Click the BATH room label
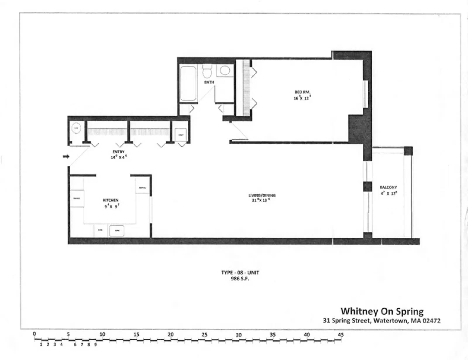click(x=209, y=82)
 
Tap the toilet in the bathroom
click(x=207, y=71)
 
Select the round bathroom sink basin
click(x=225, y=71)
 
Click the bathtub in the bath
click(x=188, y=84)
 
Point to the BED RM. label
click(x=302, y=92)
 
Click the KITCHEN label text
click(x=111, y=200)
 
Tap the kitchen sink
click(x=116, y=231)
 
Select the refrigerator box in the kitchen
click(x=142, y=187)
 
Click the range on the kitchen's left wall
click(x=77, y=198)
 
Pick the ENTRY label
click(x=118, y=152)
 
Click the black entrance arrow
click(x=66, y=157)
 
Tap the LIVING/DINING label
click(x=262, y=195)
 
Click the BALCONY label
click(x=388, y=187)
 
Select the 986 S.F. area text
click(x=240, y=279)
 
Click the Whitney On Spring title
click(x=382, y=311)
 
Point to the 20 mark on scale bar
click(x=171, y=334)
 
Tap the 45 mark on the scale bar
click(x=340, y=335)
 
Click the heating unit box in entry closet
click(x=181, y=135)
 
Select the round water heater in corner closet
click(x=76, y=128)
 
